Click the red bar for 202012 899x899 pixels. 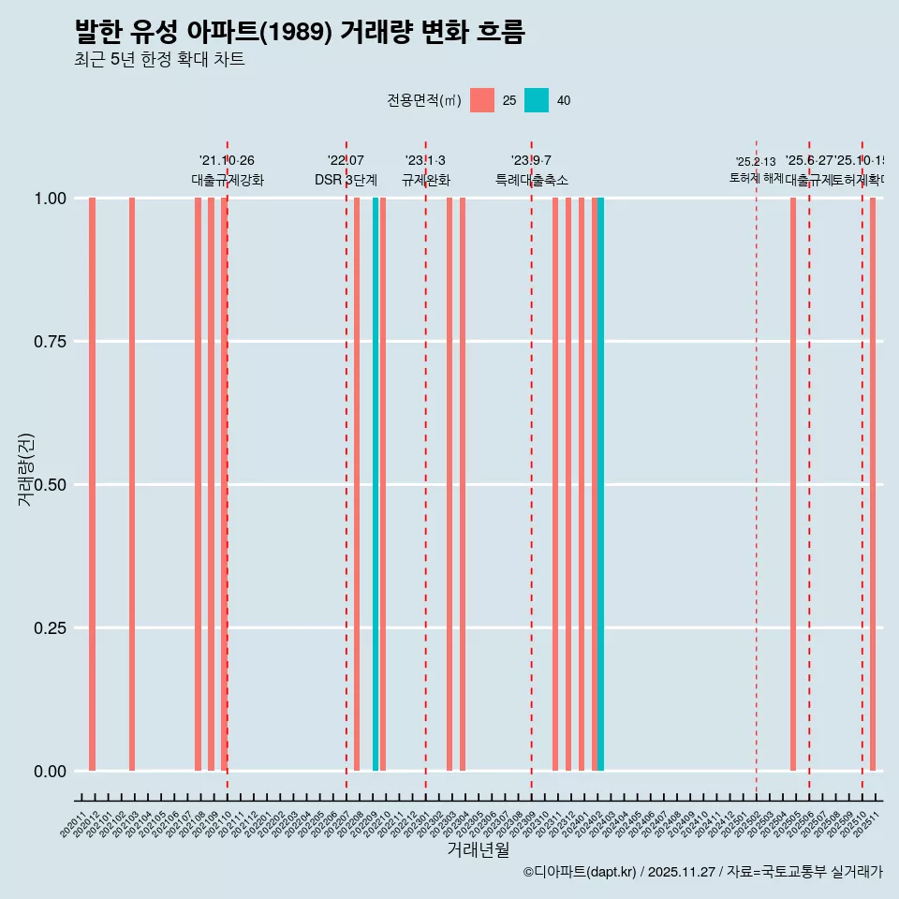point(92,484)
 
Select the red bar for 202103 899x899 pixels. point(132,484)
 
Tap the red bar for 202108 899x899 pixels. point(198,484)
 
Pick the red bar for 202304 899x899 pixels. point(463,484)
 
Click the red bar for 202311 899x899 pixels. point(555,484)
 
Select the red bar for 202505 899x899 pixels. point(793,484)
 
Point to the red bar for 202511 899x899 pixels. point(873,484)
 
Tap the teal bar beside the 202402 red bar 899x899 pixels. point(601,484)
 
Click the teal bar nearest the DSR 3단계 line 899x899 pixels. point(376,484)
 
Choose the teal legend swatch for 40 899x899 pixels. point(537,100)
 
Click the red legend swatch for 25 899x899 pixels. point(482,100)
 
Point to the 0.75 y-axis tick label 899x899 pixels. point(49,342)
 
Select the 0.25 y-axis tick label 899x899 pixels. point(49,628)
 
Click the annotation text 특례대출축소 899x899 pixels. point(532,180)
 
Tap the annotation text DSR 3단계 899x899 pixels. point(346,180)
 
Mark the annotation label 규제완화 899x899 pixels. point(426,180)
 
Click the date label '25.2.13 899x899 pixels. point(756,162)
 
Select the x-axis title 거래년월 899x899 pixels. point(479,849)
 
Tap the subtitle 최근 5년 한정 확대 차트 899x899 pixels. point(159,60)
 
